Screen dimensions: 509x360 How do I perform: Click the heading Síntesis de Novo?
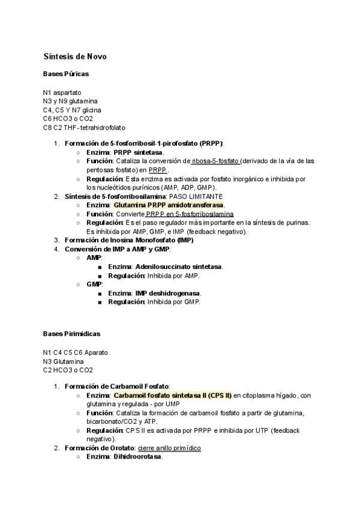76,56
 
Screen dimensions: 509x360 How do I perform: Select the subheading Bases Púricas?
65,74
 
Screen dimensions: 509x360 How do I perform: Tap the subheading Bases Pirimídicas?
71,333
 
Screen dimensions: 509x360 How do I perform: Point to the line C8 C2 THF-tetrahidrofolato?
84,127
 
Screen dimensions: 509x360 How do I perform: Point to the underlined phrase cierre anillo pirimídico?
169,448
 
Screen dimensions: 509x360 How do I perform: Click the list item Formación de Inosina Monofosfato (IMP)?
128,240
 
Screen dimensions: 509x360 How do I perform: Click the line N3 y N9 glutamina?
70,101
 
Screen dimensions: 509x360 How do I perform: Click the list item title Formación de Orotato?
99,448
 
